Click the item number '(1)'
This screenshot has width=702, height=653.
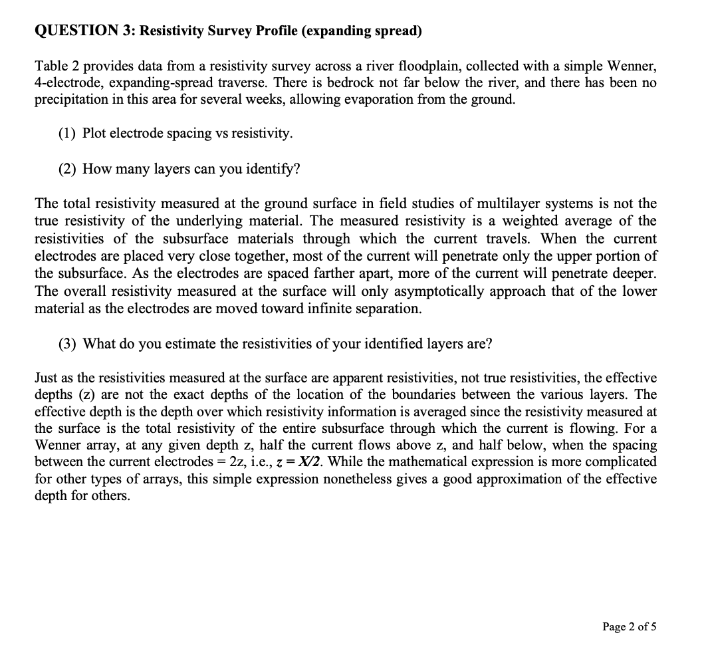point(66,133)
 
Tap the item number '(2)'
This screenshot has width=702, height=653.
point(66,168)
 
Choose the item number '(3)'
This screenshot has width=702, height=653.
point(66,343)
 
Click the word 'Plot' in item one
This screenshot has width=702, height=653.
point(95,133)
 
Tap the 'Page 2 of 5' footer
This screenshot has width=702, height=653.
point(629,626)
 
